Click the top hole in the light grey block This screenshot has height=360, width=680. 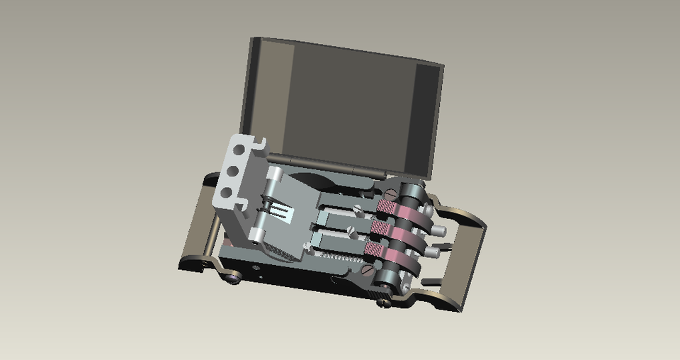pyautogui.click(x=239, y=150)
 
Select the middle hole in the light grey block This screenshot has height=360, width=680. pyautogui.click(x=232, y=171)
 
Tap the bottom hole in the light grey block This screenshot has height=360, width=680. pyautogui.click(x=226, y=192)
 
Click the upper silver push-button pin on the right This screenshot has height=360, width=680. pyautogui.click(x=440, y=231)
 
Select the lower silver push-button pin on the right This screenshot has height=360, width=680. pyautogui.click(x=433, y=252)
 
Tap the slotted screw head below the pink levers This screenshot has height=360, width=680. pyautogui.click(x=366, y=270)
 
